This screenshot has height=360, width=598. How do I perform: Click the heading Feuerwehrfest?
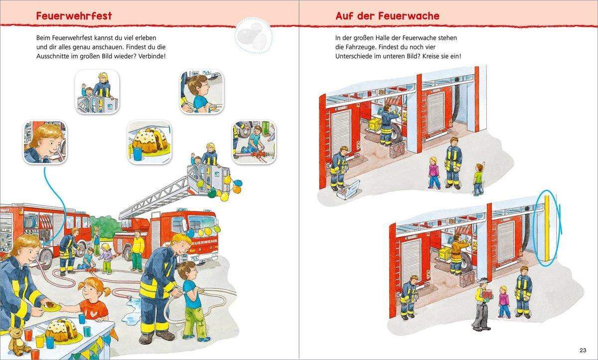coord(74,15)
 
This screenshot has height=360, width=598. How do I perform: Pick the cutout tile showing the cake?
coord(149,142)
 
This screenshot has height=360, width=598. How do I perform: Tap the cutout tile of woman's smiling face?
coord(45,142)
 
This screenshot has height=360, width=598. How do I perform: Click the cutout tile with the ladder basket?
coord(97,91)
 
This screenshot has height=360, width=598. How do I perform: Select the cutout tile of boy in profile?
coord(201,91)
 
